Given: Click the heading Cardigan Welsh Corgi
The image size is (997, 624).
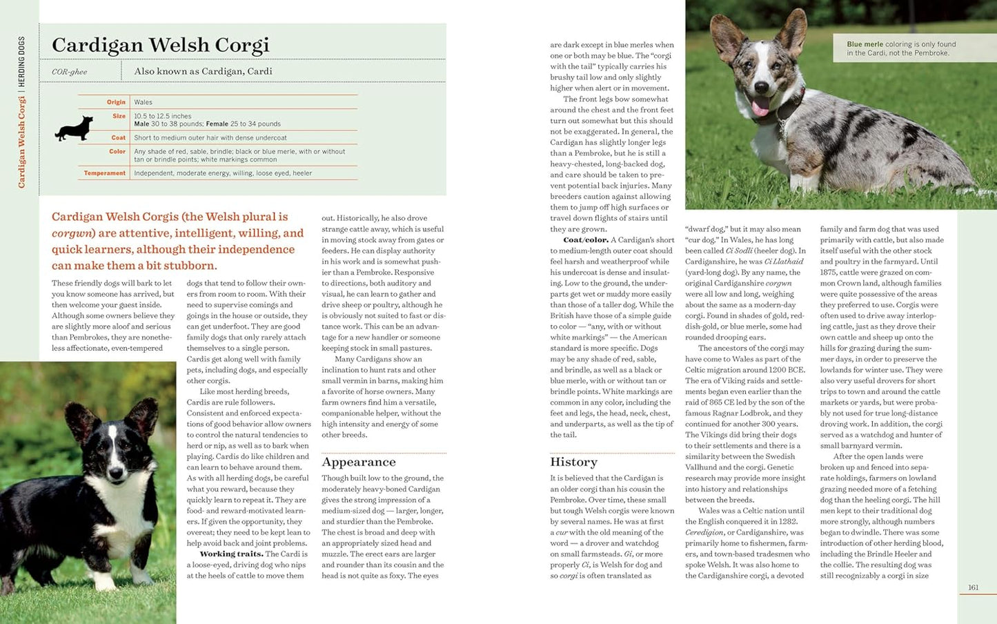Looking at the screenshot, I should pos(160,46).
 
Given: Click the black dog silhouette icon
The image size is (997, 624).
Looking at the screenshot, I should pos(74,129).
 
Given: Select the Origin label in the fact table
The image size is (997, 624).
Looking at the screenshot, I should pos(116,102).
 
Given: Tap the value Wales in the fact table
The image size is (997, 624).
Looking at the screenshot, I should pos(143,102).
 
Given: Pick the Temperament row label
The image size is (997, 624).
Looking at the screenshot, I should pos(105,173).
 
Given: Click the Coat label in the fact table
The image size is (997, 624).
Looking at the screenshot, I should pos(119,137).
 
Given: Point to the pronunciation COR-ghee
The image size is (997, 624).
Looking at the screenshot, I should pos(69,72).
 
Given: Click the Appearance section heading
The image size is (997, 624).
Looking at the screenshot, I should pos(359,462).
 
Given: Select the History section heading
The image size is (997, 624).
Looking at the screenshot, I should pos(573,462).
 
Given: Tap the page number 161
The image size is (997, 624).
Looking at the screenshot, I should pos(973,587).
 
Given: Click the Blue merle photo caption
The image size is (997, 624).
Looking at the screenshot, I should pos(901,48).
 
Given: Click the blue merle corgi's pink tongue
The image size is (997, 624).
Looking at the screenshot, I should pos(760,107).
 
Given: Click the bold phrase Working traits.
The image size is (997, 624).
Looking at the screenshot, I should pos(231,554).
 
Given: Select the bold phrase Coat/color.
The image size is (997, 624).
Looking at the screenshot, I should pos(586,240).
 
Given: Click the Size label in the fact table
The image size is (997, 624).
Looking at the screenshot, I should pos(119,116).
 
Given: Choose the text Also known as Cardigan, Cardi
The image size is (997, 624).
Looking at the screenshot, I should pos(203,71).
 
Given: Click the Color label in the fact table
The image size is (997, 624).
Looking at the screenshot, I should pos(117,151).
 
